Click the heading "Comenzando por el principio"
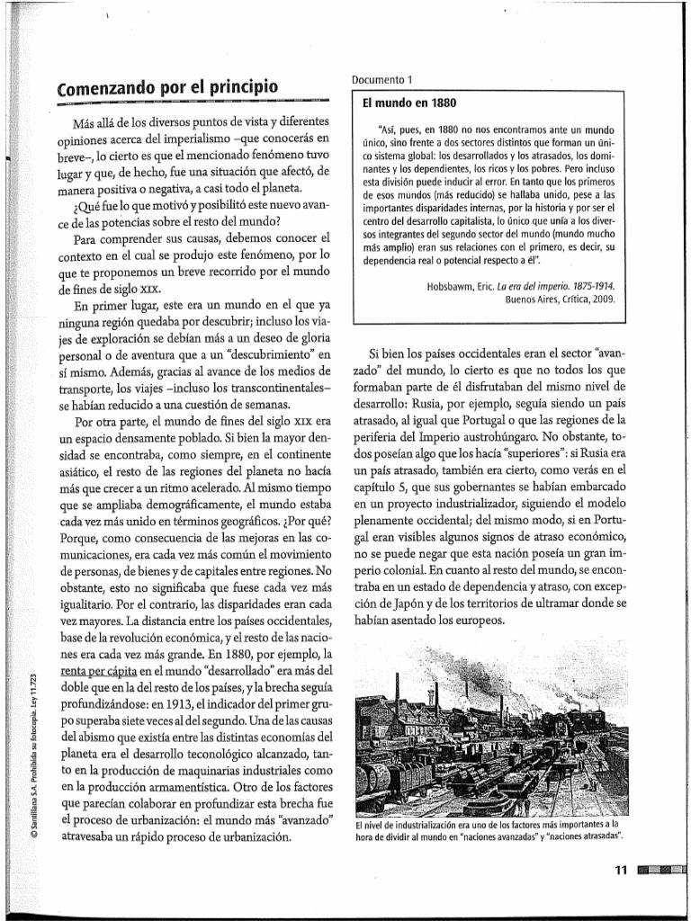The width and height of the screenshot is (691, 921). pyautogui.click(x=167, y=88)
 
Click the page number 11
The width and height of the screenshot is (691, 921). pyautogui.click(x=619, y=870)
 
